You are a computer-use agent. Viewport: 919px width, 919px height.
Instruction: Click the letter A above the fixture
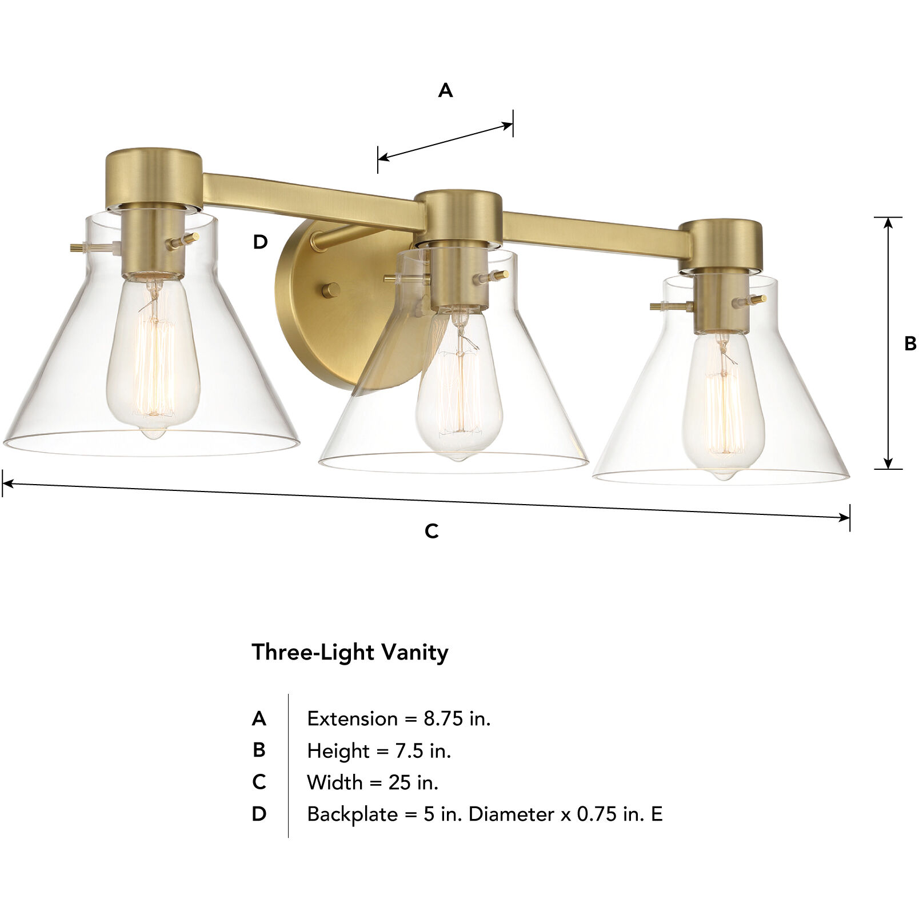[x=445, y=90]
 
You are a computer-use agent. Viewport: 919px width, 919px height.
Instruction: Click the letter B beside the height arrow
[x=910, y=343]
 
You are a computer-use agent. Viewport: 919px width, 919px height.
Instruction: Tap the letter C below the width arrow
[x=431, y=531]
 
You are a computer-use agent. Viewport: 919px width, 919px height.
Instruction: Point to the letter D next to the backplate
[x=260, y=242]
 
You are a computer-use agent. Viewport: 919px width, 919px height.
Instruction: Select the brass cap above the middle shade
[x=459, y=216]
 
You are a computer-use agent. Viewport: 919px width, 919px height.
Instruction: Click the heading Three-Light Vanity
[x=350, y=652]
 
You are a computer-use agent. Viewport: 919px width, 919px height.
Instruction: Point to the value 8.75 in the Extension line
[x=443, y=718]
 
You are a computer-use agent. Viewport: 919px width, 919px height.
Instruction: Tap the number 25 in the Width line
[x=400, y=782]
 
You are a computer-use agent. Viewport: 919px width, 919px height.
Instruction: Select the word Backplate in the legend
[x=352, y=814]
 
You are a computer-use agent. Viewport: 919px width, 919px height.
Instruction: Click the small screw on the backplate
[x=330, y=290]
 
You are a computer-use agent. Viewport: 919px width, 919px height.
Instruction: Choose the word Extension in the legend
[x=352, y=718]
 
